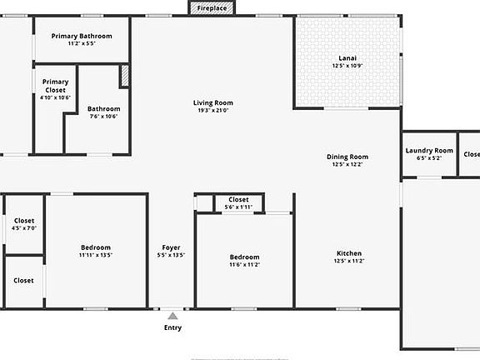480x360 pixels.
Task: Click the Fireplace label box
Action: pyautogui.click(x=212, y=7)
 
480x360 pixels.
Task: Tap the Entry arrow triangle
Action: pyautogui.click(x=172, y=316)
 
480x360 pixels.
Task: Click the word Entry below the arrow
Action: pyautogui.click(x=172, y=327)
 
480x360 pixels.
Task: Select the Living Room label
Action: pyautogui.click(x=212, y=102)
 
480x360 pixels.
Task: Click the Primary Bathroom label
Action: pyautogui.click(x=82, y=36)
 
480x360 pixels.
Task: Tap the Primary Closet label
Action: pyautogui.click(x=56, y=86)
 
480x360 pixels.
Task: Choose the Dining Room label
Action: pyautogui.click(x=347, y=157)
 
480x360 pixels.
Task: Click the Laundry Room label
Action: pyautogui.click(x=429, y=150)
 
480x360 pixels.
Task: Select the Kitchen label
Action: pyautogui.click(x=349, y=253)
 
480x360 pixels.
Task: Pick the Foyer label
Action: pyautogui.click(x=171, y=247)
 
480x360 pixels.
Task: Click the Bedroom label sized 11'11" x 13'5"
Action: pyautogui.click(x=96, y=247)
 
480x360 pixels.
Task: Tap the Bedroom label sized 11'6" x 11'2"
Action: pyautogui.click(x=245, y=257)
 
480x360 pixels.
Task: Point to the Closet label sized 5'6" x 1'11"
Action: pyautogui.click(x=238, y=200)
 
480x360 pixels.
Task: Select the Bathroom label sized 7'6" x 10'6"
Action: pyautogui.click(x=104, y=108)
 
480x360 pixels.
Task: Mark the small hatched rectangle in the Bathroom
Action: pyautogui.click(x=125, y=76)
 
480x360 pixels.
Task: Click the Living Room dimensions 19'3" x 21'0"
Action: pyautogui.click(x=212, y=110)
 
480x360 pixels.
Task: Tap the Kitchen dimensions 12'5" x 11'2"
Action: pyautogui.click(x=349, y=261)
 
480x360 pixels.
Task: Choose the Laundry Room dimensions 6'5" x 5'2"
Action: pyautogui.click(x=429, y=157)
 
